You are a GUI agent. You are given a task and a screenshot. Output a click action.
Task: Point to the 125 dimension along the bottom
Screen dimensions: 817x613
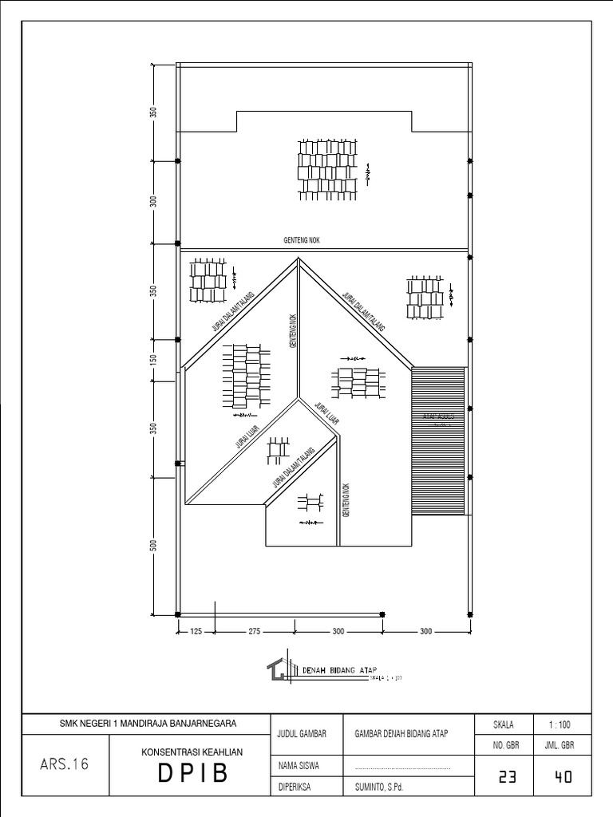[x=195, y=631]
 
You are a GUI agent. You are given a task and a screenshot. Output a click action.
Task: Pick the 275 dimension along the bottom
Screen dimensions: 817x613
[x=255, y=631]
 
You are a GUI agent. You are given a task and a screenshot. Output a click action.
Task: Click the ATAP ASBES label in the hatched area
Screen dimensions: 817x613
[x=438, y=417]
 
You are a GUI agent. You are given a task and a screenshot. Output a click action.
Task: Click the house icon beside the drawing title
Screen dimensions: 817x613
[x=278, y=670]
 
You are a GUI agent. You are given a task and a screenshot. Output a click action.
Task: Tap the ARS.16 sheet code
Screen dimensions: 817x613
[x=63, y=764]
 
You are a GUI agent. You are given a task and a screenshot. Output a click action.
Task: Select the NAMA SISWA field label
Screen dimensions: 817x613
[x=298, y=765]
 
